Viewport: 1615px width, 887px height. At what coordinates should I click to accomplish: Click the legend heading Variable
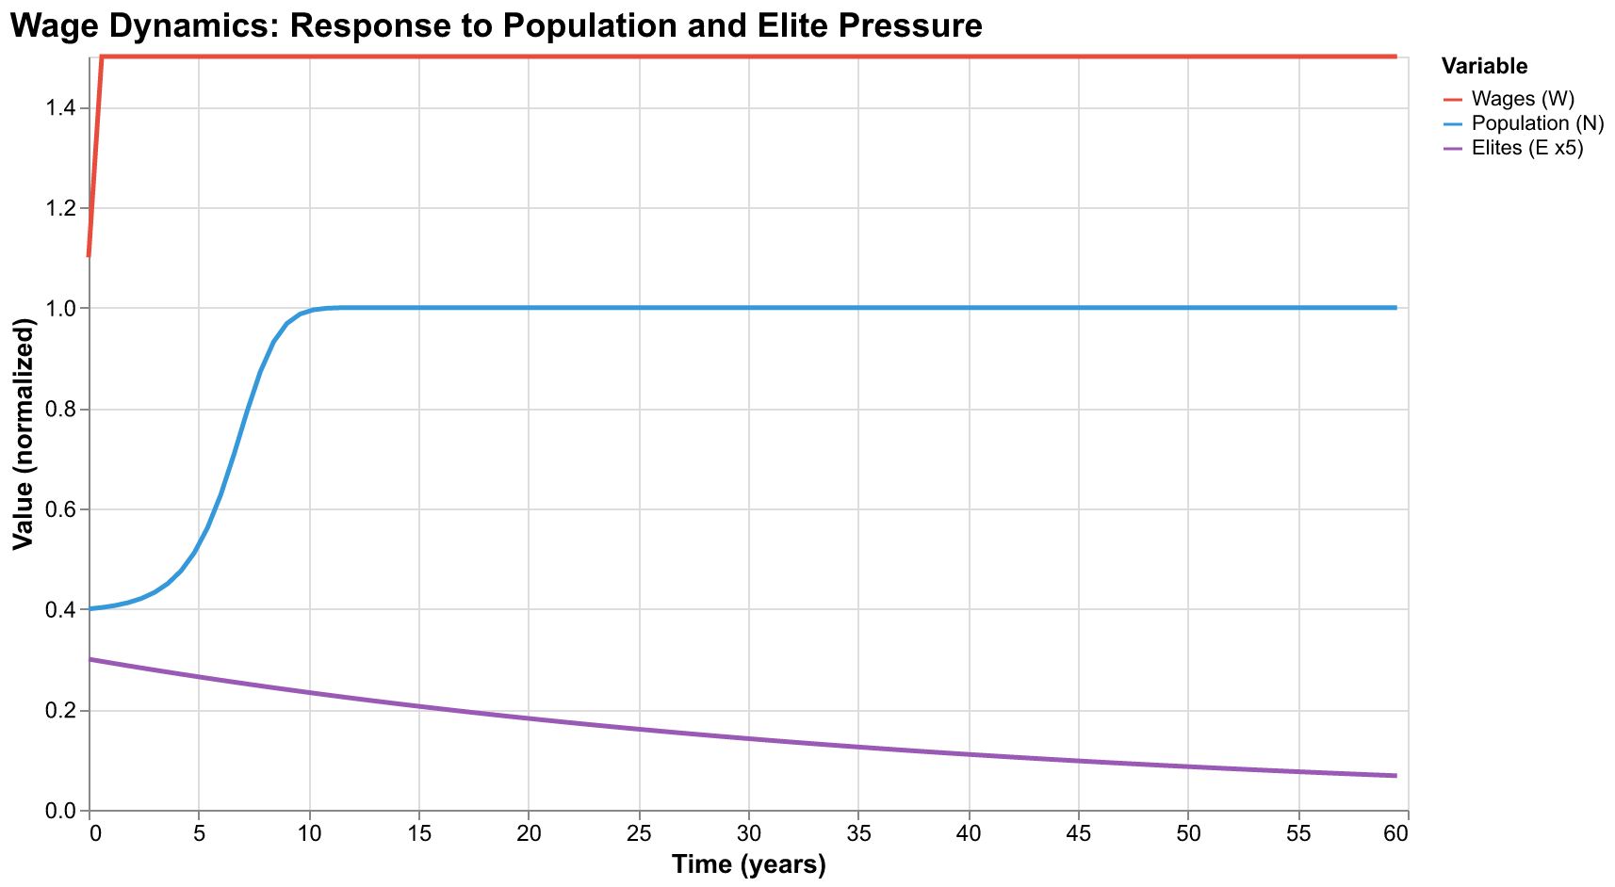(1484, 66)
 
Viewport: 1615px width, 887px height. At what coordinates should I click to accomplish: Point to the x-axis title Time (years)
(748, 865)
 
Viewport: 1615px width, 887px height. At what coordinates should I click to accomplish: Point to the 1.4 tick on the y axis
(63, 109)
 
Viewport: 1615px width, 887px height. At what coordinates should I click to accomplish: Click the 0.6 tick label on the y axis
(63, 510)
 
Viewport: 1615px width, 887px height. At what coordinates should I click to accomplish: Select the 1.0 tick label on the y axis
(63, 309)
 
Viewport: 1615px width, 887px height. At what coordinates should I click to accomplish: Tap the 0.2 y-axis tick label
(63, 711)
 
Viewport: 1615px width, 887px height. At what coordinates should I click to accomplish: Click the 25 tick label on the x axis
(639, 833)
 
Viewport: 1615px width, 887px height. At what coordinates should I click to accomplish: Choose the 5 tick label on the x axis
(199, 833)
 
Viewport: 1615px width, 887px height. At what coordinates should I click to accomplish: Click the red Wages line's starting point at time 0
(90, 255)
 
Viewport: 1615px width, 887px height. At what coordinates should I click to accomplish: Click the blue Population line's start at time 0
(90, 609)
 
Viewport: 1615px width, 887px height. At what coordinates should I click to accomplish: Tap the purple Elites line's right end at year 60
(1395, 775)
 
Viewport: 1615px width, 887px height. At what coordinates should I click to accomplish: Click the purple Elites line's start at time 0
(90, 659)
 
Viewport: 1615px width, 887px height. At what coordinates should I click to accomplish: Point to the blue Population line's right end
(1395, 308)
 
